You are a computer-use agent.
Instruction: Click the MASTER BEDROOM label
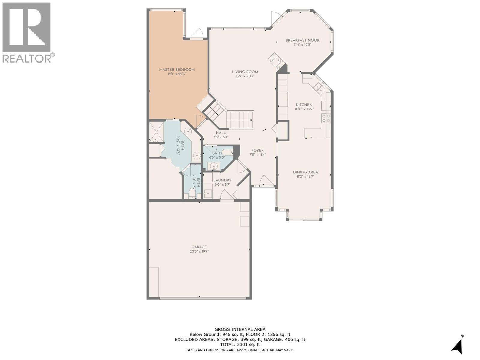click(177, 70)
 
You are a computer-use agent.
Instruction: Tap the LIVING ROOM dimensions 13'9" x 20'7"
click(245, 76)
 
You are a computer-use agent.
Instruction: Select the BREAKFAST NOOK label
click(302, 40)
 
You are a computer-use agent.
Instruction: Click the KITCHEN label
click(304, 105)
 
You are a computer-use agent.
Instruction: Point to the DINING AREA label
click(305, 172)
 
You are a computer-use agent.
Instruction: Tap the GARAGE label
click(199, 247)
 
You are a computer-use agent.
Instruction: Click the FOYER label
click(257, 151)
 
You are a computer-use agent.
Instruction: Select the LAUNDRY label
click(222, 180)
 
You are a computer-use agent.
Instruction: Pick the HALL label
click(221, 133)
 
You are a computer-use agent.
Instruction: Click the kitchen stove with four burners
click(326, 118)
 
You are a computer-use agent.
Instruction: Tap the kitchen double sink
click(319, 88)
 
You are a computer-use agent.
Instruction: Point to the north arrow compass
click(458, 346)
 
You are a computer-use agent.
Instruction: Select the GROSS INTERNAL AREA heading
click(240, 329)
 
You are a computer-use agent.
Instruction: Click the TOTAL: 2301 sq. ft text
click(240, 345)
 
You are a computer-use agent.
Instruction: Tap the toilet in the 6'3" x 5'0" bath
click(227, 152)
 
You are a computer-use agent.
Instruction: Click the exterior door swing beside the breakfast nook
click(275, 17)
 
